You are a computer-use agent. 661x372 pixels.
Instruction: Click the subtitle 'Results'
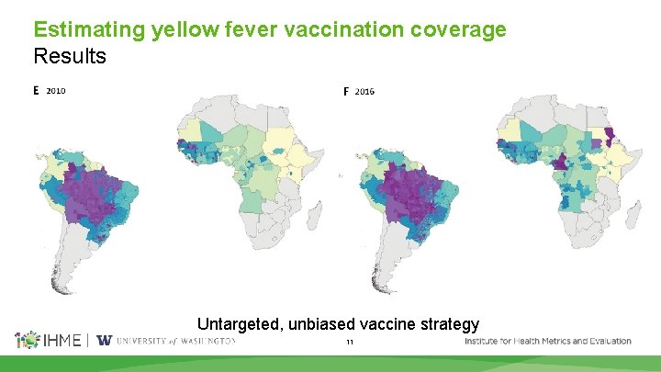[70, 56]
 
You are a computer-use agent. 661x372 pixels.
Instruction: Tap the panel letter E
[37, 91]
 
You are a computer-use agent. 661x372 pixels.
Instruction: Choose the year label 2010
[56, 91]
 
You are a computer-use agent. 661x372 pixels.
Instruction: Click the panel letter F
[346, 92]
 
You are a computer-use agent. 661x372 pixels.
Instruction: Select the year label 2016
[364, 92]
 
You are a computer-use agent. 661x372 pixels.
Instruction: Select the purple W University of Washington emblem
[104, 341]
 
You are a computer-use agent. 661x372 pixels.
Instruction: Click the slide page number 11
[349, 342]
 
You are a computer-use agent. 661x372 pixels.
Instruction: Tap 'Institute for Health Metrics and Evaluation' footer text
[548, 341]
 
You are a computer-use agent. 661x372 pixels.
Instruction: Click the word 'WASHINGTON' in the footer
[207, 341]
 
